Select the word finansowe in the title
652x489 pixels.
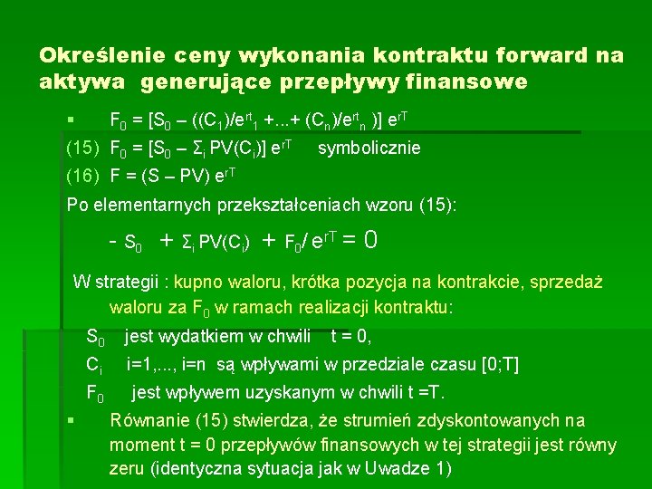(470, 82)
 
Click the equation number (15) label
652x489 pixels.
(83, 148)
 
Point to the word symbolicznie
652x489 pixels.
(369, 148)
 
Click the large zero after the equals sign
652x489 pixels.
(369, 240)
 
